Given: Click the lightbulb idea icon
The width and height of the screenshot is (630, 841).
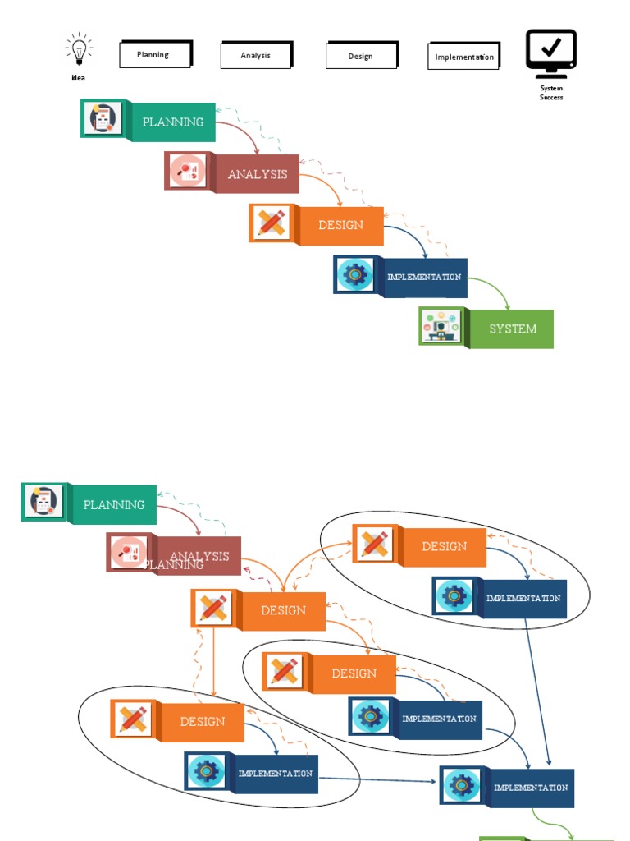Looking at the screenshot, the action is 79,51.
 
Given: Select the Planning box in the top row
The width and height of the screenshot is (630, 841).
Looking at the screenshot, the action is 155,54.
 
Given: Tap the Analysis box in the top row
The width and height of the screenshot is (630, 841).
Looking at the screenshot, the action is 256,55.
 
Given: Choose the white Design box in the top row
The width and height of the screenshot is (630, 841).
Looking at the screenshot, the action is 361,56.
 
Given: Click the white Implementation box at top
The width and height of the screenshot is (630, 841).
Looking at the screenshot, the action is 464,57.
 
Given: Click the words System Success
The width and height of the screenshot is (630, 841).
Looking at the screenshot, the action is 551,92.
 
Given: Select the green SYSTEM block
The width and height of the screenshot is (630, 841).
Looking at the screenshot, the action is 512,329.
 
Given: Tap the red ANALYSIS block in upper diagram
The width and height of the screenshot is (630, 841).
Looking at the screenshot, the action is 257,174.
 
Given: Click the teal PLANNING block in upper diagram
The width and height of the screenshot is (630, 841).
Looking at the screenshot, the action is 172,122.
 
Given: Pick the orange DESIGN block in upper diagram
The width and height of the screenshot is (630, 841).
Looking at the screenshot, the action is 340,225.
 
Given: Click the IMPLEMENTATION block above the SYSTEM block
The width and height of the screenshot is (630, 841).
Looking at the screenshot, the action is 423,277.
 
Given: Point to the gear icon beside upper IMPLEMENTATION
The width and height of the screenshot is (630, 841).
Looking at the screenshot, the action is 355,274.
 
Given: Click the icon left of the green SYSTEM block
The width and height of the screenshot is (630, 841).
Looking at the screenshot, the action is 441,326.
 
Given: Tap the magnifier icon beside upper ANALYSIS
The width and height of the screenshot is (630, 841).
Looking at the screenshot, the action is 187,172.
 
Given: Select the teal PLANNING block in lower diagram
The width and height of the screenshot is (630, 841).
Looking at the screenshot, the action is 113,504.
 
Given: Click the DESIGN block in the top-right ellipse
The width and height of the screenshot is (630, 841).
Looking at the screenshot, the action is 444,546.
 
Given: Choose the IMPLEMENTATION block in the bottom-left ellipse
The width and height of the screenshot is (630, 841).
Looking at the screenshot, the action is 275,773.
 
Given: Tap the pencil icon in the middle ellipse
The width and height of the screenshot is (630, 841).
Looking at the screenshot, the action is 285,671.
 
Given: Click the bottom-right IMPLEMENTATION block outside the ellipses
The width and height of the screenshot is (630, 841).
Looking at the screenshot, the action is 530,788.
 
